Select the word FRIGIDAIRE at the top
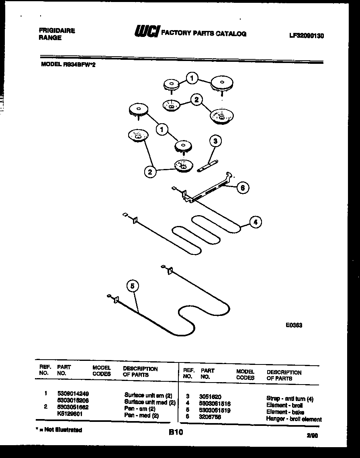click(x=57, y=31)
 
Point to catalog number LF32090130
click(x=306, y=36)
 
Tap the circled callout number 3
click(x=216, y=141)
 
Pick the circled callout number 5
click(x=133, y=286)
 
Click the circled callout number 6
click(x=242, y=187)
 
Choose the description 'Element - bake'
click(x=285, y=412)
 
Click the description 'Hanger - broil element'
click(x=294, y=419)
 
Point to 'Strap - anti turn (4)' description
click(x=290, y=399)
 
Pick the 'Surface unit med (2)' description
click(x=150, y=402)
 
